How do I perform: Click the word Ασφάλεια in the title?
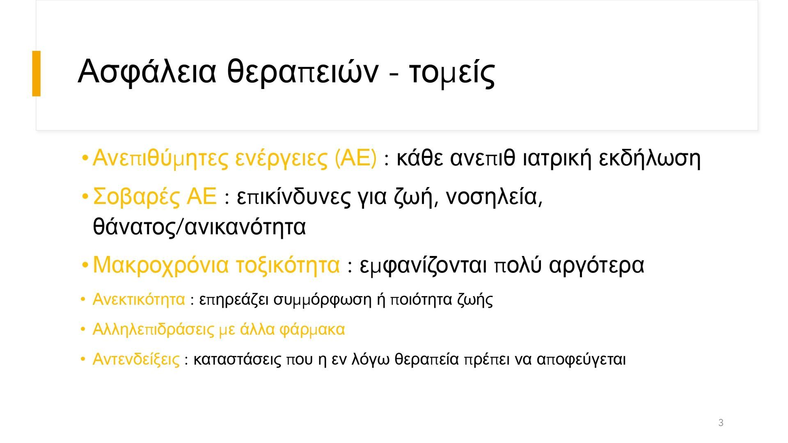click(x=147, y=72)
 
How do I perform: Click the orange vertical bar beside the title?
click(x=37, y=73)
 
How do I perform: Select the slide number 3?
click(x=721, y=422)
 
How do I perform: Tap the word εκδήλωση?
click(x=650, y=158)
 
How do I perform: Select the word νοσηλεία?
click(x=494, y=196)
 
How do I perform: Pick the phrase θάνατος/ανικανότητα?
click(x=199, y=227)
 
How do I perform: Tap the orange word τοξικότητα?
click(x=288, y=265)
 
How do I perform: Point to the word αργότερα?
click(x=597, y=265)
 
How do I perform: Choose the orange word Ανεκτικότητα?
click(x=139, y=299)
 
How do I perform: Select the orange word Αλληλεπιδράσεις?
click(x=153, y=329)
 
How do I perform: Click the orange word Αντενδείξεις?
click(x=136, y=359)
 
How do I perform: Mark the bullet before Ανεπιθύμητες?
click(x=85, y=158)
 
